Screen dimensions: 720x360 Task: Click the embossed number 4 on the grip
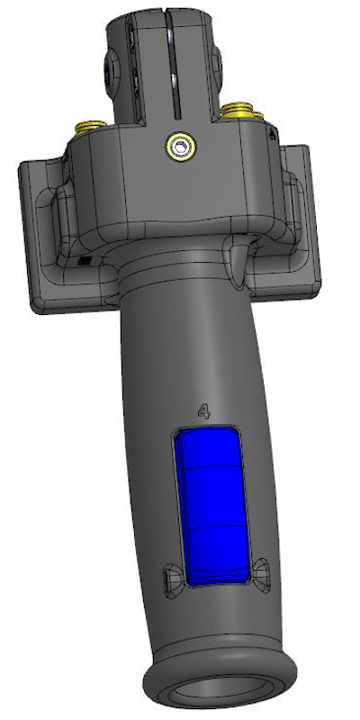204,412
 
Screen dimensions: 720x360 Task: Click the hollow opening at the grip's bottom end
225,697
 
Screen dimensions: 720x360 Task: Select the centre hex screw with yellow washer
183,145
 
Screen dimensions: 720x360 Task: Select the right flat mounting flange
303,225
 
